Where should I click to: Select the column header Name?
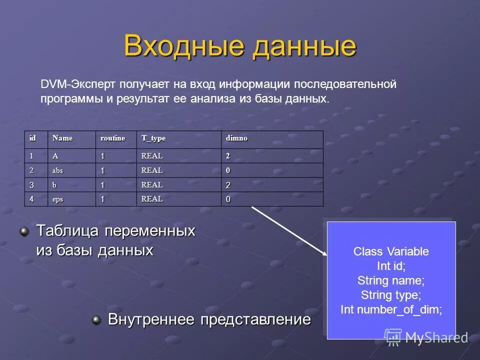click(63, 138)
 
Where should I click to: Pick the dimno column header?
click(237, 138)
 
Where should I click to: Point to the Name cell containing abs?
click(58, 170)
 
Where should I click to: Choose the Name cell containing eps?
click(58, 199)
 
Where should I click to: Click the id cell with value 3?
click(31, 185)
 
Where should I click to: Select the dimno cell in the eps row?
click(228, 199)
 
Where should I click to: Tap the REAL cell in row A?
click(152, 156)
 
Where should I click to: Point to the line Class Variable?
click(391, 251)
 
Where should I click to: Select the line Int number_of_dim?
click(391, 309)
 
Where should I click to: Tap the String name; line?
click(391, 280)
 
